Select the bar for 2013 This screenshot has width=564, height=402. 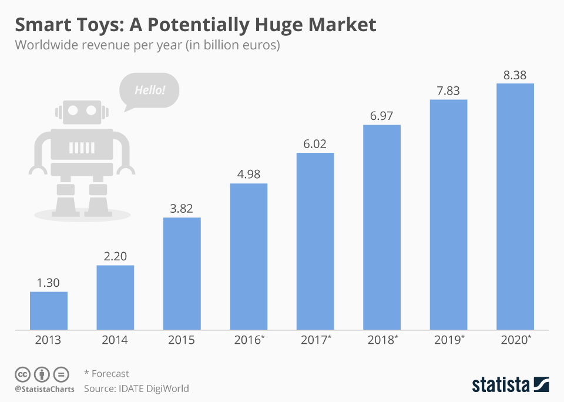(x=49, y=310)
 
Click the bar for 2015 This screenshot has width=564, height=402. (x=182, y=273)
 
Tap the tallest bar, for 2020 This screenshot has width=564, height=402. (x=515, y=206)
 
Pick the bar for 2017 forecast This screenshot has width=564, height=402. (x=315, y=241)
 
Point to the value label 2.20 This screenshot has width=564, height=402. (x=115, y=256)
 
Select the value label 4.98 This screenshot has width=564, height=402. (x=249, y=175)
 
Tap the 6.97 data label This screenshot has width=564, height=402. (x=382, y=116)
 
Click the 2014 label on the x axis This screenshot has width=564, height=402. (x=115, y=340)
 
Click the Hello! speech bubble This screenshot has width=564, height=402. (x=149, y=91)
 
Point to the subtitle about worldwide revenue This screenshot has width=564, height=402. (x=147, y=45)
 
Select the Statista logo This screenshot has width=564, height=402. (x=510, y=384)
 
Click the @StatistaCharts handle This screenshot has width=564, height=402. (x=45, y=389)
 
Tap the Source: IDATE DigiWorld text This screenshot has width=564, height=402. (x=136, y=388)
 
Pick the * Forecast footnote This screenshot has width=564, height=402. (x=106, y=373)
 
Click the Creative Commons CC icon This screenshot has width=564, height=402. (x=22, y=374)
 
